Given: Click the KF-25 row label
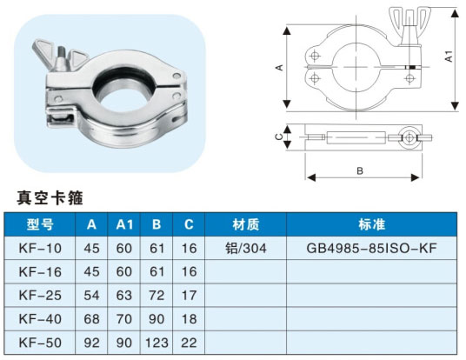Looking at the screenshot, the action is [40, 295].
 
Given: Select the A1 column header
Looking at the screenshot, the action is [124, 224].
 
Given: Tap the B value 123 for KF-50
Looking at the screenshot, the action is [156, 343].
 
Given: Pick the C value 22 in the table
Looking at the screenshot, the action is [189, 343].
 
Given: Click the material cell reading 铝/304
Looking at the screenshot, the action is [246, 248].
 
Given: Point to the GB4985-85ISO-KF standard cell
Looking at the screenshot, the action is [371, 248].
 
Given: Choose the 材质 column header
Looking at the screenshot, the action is [246, 224].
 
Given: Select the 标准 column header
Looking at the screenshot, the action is [372, 224].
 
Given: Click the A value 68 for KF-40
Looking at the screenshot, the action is [91, 319].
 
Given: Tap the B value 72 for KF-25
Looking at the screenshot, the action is [156, 295].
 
